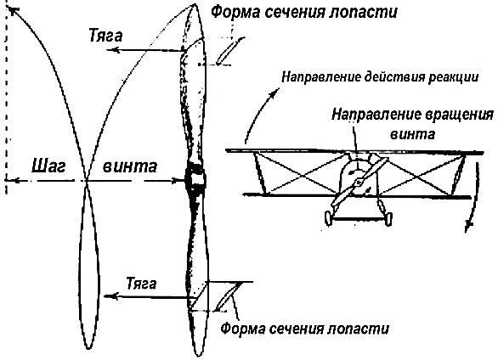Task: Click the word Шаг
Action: [x=48, y=166]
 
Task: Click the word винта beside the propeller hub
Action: [x=130, y=166]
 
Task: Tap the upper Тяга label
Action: [x=105, y=36]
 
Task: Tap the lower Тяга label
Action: [x=141, y=284]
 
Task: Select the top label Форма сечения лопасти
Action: [x=304, y=12]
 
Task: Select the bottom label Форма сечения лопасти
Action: [x=304, y=329]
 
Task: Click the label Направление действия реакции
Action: [x=380, y=77]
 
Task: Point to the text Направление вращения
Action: [x=412, y=114]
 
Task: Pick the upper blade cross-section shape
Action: [x=230, y=50]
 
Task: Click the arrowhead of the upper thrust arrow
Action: [x=112, y=50]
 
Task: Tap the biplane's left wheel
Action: [x=328, y=218]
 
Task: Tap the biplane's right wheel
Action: [x=388, y=218]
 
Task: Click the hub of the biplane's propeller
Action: [x=359, y=182]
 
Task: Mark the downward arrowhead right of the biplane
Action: [x=468, y=226]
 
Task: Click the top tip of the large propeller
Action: [x=195, y=4]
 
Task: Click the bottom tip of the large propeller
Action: [x=199, y=356]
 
